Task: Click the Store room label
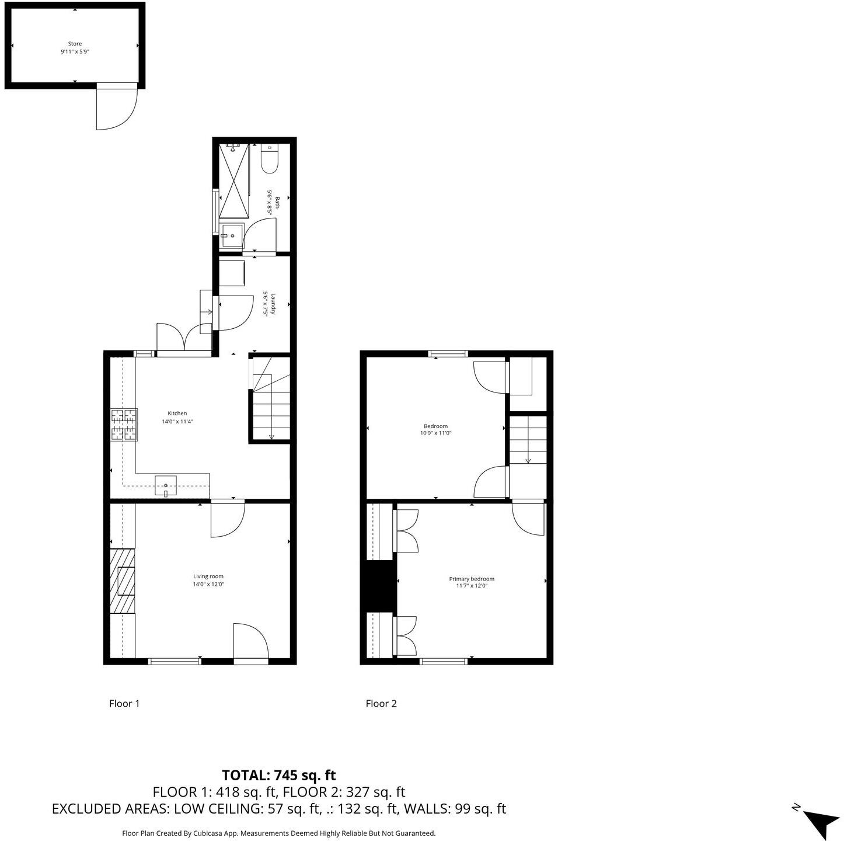(x=75, y=44)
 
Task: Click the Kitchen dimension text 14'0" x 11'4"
(x=177, y=421)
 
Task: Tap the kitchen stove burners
(x=124, y=425)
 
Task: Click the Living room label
(x=208, y=576)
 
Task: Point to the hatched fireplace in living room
(x=123, y=581)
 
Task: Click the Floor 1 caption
(x=124, y=703)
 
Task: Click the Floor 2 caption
(x=381, y=703)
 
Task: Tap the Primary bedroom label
(x=472, y=579)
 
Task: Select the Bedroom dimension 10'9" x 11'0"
(x=436, y=433)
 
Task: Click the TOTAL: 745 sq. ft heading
(x=279, y=775)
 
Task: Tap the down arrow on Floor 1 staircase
(x=271, y=436)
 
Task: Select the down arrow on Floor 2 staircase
(x=528, y=460)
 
